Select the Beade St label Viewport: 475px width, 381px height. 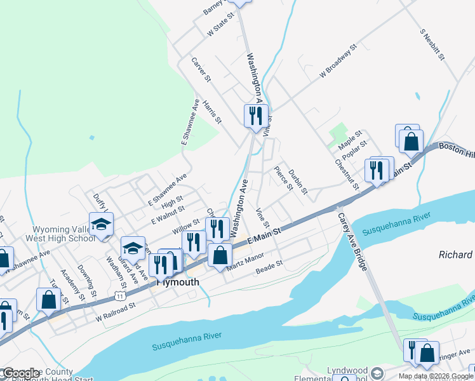(269, 267)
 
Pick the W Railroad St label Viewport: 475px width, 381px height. (116, 310)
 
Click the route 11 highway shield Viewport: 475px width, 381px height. (120, 296)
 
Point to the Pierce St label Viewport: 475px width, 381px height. (283, 178)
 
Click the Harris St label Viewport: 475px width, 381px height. (212, 111)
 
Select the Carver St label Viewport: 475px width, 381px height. (201, 69)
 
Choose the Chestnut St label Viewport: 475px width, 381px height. (347, 173)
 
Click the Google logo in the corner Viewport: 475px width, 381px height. (21, 373)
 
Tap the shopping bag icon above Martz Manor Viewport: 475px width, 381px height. (220, 255)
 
